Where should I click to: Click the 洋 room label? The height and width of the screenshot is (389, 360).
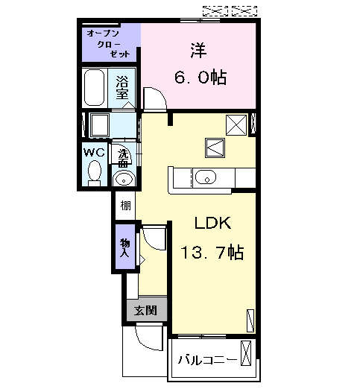point(198,51)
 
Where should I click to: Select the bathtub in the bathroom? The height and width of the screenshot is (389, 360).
point(95,88)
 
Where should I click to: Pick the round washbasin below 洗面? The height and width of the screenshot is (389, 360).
point(124,178)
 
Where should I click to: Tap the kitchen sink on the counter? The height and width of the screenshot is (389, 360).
point(206,177)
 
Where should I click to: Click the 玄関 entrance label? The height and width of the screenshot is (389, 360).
point(145,310)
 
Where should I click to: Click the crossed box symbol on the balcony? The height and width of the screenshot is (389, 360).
point(247,352)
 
